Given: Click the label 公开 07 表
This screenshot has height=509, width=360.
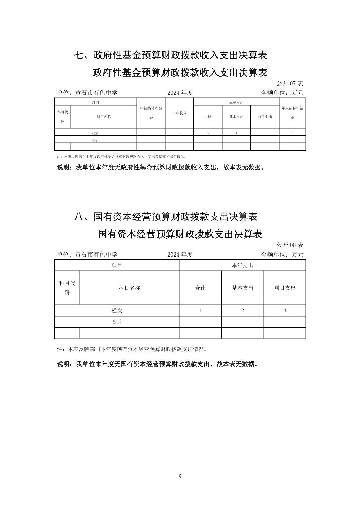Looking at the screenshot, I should (x=290, y=83).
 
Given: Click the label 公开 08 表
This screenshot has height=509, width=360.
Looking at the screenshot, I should (x=290, y=245).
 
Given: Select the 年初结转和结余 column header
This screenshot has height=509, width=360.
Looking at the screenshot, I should (x=151, y=113).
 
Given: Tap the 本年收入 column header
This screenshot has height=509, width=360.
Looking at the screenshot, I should (x=179, y=113).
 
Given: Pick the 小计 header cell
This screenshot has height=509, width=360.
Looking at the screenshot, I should (x=208, y=117).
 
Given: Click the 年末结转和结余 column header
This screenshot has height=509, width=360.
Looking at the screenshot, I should (x=292, y=113).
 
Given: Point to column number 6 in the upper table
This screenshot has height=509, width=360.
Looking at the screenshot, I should (x=292, y=133).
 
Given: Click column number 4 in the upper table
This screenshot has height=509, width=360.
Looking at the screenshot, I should (x=236, y=133).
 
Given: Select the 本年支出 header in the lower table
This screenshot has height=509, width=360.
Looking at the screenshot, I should (x=242, y=265).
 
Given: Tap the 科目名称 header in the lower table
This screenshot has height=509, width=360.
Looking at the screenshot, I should (x=129, y=288).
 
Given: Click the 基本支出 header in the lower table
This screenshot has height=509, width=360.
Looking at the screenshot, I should (x=243, y=288).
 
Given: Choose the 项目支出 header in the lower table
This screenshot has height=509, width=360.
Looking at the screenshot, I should (x=285, y=288).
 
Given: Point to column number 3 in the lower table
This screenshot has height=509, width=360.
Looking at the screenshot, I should (x=285, y=311).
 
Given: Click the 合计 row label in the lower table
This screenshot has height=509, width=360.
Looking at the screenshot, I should (x=117, y=322).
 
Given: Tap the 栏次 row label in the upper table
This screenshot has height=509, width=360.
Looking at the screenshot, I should (x=96, y=133).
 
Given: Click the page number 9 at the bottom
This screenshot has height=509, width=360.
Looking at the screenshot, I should (x=180, y=476).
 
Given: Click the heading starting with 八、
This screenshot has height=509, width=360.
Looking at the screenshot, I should (x=166, y=217).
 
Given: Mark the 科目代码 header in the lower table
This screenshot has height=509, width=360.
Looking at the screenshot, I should (x=67, y=288).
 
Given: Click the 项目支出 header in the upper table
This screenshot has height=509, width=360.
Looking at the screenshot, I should (x=265, y=117).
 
